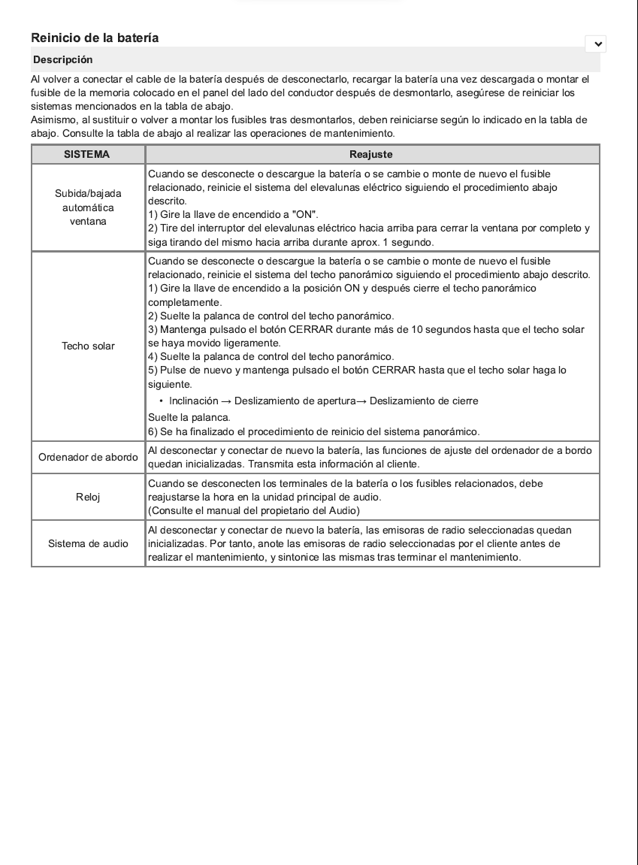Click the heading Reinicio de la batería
coord(95,38)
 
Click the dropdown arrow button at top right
coord(596,44)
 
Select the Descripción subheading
coord(63,59)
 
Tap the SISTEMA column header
coord(86,154)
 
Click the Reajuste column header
coord(371,154)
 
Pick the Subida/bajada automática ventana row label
coord(88,207)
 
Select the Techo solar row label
coord(88,346)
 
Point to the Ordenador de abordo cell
coord(88,457)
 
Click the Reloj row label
coord(88,497)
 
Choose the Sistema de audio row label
coord(88,543)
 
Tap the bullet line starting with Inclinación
coord(323,401)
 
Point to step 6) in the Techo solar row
coord(313,431)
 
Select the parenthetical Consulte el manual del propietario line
coord(254,511)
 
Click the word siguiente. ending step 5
coord(170,384)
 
